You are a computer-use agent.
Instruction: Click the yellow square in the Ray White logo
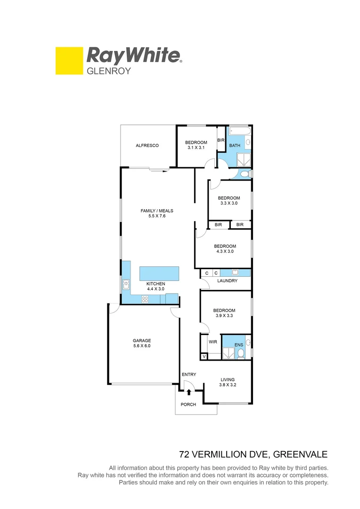pyautogui.click(x=69, y=61)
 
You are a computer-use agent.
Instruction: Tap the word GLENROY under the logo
pyautogui.click(x=107, y=72)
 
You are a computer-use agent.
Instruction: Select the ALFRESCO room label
pyautogui.click(x=147, y=146)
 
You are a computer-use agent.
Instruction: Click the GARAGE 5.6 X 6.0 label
pyautogui.click(x=142, y=343)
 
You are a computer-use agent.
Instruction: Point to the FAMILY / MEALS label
pyautogui.click(x=157, y=213)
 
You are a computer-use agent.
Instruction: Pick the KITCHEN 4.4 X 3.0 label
pyautogui.click(x=155, y=286)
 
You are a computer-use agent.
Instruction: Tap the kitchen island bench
pyautogui.click(x=159, y=273)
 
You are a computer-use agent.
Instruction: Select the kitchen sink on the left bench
pyautogui.click(x=126, y=284)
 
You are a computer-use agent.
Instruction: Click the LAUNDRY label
pyautogui.click(x=227, y=281)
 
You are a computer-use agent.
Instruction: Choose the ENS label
pyautogui.click(x=238, y=345)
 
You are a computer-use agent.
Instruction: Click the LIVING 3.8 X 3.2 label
pyautogui.click(x=228, y=382)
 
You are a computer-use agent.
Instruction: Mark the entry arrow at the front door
pyautogui.click(x=188, y=392)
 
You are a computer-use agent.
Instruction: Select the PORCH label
pyautogui.click(x=188, y=404)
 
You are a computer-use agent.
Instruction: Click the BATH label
pyautogui.click(x=235, y=146)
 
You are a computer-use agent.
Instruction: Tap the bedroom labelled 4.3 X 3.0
pyautogui.click(x=225, y=248)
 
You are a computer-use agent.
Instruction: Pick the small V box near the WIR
pyautogui.click(x=204, y=357)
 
